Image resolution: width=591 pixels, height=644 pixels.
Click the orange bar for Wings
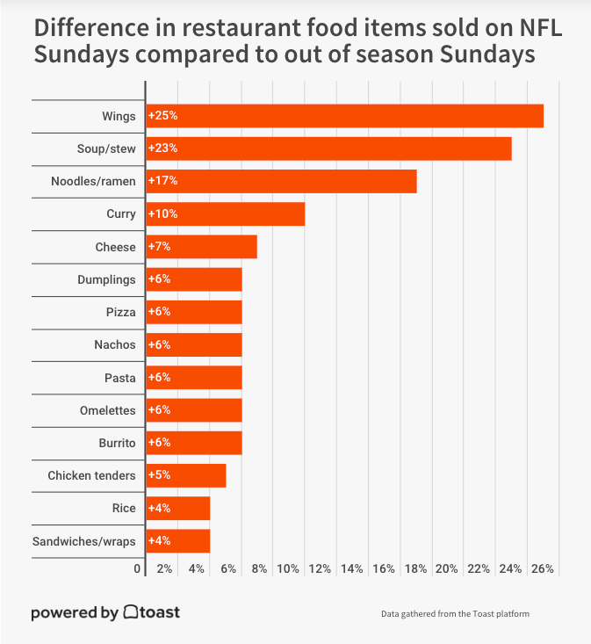coord(345,116)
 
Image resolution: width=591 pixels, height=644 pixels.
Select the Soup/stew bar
coord(329,148)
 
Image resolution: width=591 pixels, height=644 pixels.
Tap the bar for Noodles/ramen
coord(282,181)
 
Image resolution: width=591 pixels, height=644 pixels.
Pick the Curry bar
coord(226,213)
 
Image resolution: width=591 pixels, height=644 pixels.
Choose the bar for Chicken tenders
coord(186,475)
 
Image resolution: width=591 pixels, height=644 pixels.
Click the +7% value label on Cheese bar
coord(159,247)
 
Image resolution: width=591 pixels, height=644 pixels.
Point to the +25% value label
coord(162,116)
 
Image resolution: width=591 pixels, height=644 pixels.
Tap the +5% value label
coord(159,475)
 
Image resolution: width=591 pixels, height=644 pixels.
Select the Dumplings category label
coord(107,279)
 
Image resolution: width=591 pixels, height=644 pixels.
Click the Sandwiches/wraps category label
coord(84,541)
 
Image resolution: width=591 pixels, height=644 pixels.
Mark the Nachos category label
coord(115,344)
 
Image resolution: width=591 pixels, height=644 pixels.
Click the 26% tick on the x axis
coord(543,569)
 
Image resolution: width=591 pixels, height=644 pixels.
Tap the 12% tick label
coord(320,569)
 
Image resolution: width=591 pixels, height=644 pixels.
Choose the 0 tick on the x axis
coord(138,569)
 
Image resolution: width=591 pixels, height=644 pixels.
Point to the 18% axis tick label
coord(415,569)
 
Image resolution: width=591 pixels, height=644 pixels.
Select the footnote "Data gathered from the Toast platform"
coord(455,613)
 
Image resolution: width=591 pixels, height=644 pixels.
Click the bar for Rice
coord(178,509)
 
